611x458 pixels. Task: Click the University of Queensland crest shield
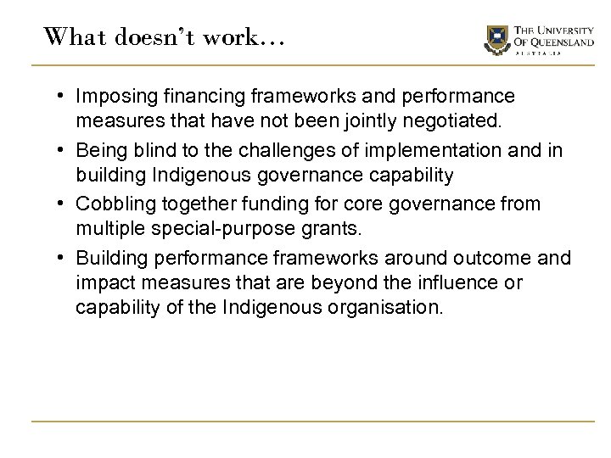coord(497,36)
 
